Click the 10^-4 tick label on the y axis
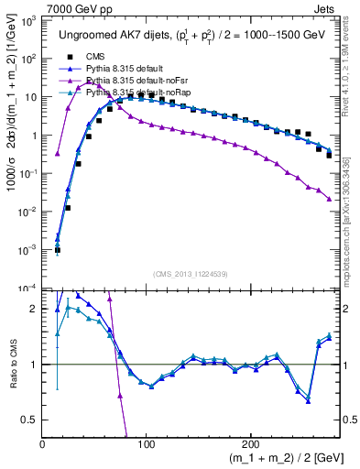click(x=27, y=288)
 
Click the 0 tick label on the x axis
click(x=43, y=444)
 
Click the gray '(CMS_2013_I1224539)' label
click(x=191, y=274)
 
